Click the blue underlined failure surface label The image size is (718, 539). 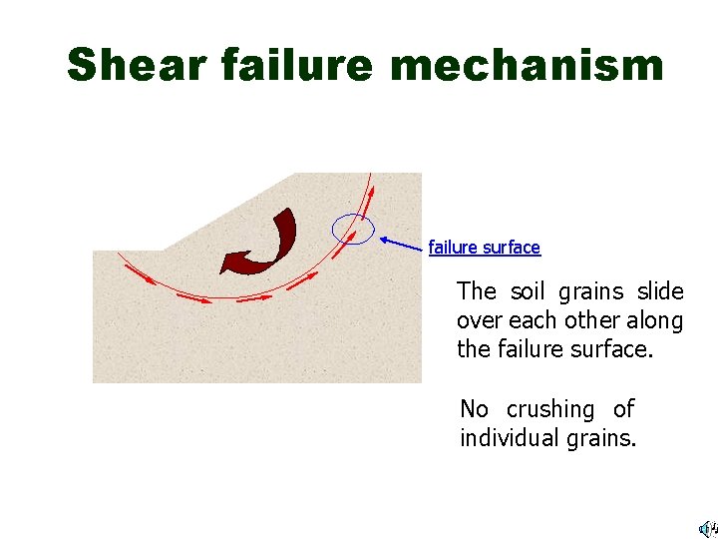(x=484, y=247)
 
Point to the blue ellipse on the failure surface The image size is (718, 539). (x=353, y=230)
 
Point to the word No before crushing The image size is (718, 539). (x=474, y=409)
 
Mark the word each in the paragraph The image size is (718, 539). (x=530, y=320)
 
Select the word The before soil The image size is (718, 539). (x=476, y=291)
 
